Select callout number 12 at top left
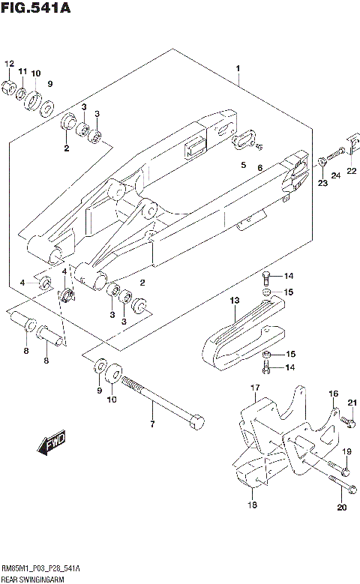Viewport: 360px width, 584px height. tap(10, 63)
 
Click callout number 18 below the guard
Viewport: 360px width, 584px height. tap(253, 506)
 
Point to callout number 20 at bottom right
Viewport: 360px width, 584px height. tap(341, 508)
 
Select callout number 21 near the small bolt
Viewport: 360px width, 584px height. tap(350, 404)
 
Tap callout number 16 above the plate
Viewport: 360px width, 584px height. tap(334, 393)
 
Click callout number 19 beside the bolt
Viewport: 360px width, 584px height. tap(347, 452)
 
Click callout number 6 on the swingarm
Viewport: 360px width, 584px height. tap(259, 168)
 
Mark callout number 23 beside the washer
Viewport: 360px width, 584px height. tap(322, 182)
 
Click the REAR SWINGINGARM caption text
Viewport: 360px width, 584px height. tap(32, 580)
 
